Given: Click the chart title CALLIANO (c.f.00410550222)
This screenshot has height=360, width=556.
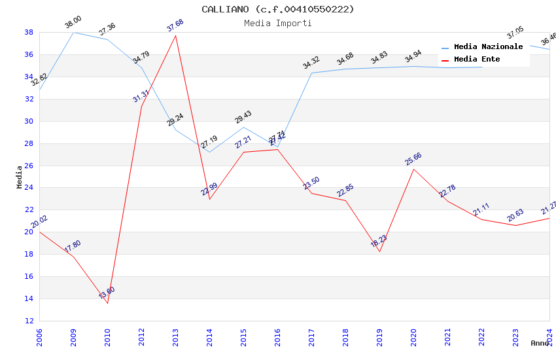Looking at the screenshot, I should (x=278, y=9).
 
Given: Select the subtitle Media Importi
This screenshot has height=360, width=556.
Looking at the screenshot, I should (x=278, y=23).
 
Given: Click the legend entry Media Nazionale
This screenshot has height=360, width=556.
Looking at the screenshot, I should (x=488, y=47).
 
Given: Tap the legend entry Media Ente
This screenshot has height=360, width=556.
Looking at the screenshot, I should (x=477, y=60).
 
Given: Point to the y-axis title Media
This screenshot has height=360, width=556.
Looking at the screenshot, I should (x=20, y=177).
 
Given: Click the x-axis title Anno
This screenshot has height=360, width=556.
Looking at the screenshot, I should (x=540, y=343).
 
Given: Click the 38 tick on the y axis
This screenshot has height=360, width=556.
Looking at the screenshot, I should (x=29, y=32).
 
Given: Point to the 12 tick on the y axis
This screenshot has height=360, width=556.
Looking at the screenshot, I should (x=29, y=321).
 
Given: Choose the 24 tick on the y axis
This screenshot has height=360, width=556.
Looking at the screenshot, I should (x=29, y=188).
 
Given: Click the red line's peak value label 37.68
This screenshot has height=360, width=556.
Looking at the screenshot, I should (x=175, y=26).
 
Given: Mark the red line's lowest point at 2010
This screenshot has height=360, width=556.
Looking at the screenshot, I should (x=107, y=303).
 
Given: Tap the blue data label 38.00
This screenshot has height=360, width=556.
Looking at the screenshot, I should (x=73, y=22).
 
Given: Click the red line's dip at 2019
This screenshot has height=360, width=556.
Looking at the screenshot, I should (x=379, y=251).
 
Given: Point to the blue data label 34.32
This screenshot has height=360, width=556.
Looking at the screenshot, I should (x=311, y=63).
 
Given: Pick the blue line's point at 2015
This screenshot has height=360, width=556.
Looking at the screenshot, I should (x=243, y=127).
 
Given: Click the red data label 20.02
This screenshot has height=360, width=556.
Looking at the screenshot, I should (x=39, y=222).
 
